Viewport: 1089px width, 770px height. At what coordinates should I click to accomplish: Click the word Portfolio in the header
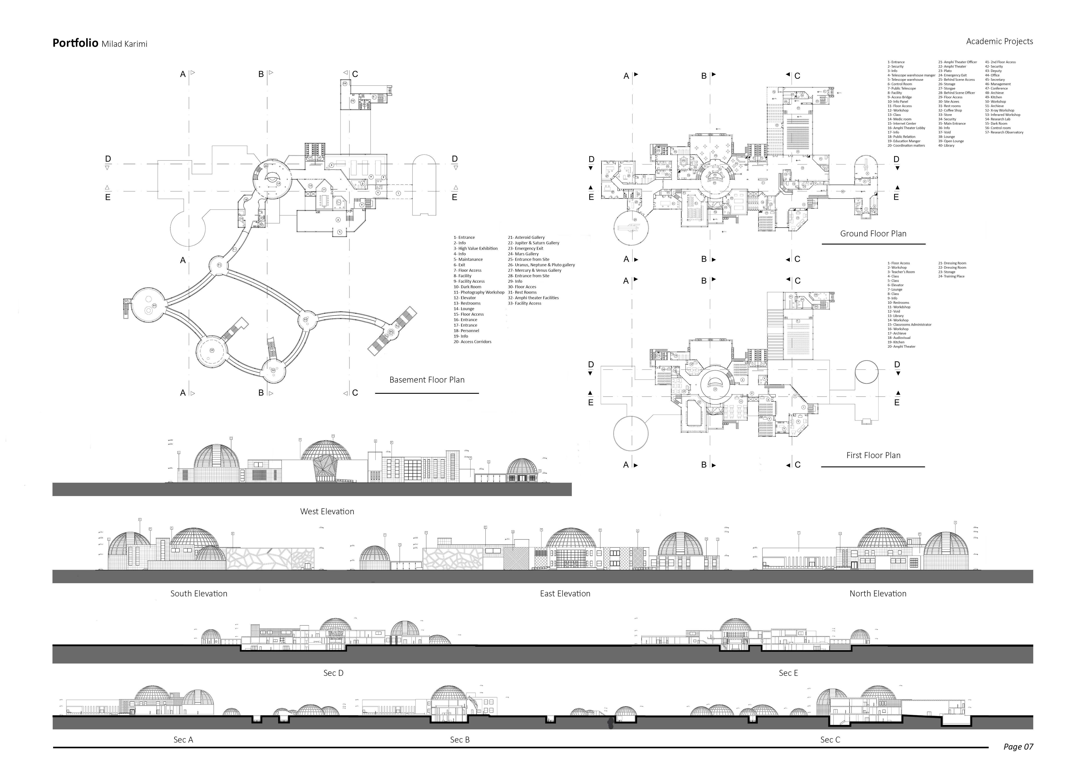(75, 43)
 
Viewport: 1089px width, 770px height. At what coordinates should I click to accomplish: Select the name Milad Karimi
(124, 44)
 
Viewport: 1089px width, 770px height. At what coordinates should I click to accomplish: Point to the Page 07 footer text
(1018, 747)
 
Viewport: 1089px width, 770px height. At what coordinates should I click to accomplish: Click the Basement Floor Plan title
(427, 380)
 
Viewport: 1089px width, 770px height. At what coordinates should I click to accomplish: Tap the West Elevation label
(327, 512)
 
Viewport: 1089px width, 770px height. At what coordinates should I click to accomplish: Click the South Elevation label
(199, 594)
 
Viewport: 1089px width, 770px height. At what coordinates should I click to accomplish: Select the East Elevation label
(565, 594)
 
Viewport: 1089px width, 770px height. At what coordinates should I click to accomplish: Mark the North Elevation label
(877, 594)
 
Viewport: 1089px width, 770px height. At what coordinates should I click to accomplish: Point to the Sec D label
(333, 673)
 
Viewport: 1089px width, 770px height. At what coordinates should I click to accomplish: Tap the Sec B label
(460, 740)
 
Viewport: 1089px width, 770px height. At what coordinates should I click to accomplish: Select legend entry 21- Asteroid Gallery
(526, 237)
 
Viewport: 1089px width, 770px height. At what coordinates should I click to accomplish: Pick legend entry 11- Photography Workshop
(479, 293)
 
